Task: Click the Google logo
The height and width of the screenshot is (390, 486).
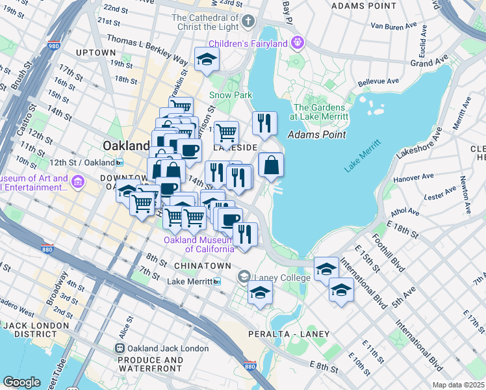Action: pyautogui.click(x=21, y=382)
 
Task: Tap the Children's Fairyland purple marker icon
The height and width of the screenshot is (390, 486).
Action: pyautogui.click(x=298, y=44)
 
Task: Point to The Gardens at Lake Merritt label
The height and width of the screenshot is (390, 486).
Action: pyautogui.click(x=321, y=112)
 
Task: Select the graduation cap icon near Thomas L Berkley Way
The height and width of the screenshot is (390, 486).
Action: pyautogui.click(x=207, y=59)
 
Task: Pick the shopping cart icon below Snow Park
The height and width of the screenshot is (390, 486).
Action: pyautogui.click(x=226, y=132)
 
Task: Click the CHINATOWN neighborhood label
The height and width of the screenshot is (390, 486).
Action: pyautogui.click(x=202, y=266)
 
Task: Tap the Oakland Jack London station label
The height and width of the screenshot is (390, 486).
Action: pyautogui.click(x=168, y=348)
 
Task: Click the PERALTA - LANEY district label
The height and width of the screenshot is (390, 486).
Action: pyautogui.click(x=288, y=333)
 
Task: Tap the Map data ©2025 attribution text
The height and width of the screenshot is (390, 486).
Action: pyautogui.click(x=457, y=385)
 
